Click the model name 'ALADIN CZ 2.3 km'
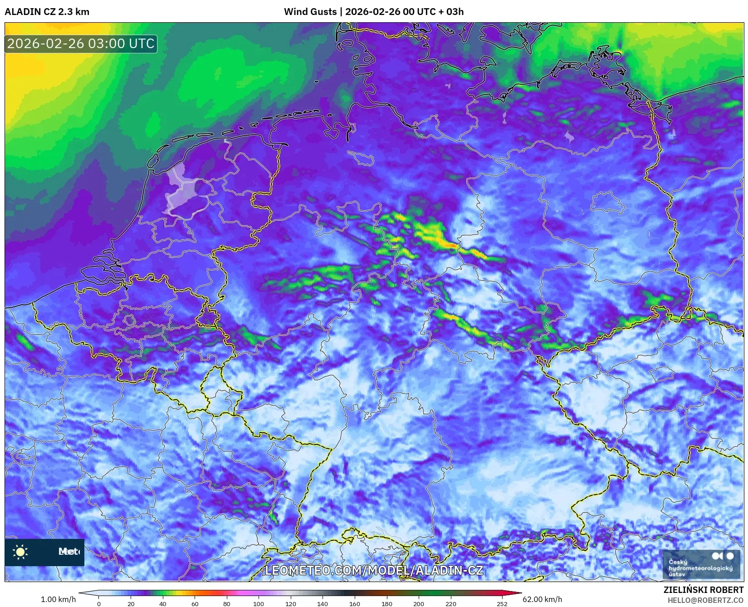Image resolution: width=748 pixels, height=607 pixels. pyautogui.click(x=47, y=12)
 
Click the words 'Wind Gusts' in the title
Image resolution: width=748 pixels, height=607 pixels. pyautogui.click(x=310, y=12)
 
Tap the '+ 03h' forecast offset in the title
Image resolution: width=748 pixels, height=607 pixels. pyautogui.click(x=451, y=12)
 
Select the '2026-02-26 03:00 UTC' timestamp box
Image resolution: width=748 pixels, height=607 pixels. pyautogui.click(x=81, y=44)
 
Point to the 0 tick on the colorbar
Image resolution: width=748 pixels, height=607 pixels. pyautogui.click(x=99, y=603)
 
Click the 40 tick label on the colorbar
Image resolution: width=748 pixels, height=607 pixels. pyautogui.click(x=163, y=603)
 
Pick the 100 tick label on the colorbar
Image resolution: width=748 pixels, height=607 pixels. pyautogui.click(x=259, y=603)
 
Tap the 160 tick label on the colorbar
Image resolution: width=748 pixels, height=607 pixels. pyautogui.click(x=355, y=603)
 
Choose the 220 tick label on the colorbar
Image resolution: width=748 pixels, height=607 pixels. pyautogui.click(x=450, y=603)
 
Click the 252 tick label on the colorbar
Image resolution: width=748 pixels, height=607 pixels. pyautogui.click(x=502, y=603)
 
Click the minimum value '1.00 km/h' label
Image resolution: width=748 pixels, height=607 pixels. pyautogui.click(x=59, y=599)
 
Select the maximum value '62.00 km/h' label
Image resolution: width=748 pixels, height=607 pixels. pyautogui.click(x=542, y=599)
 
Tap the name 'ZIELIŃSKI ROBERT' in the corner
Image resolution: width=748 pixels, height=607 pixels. pyautogui.click(x=704, y=590)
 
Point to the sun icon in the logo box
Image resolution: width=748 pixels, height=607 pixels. pyautogui.click(x=20, y=552)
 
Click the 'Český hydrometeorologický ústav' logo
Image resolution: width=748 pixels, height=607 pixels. pyautogui.click(x=701, y=564)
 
